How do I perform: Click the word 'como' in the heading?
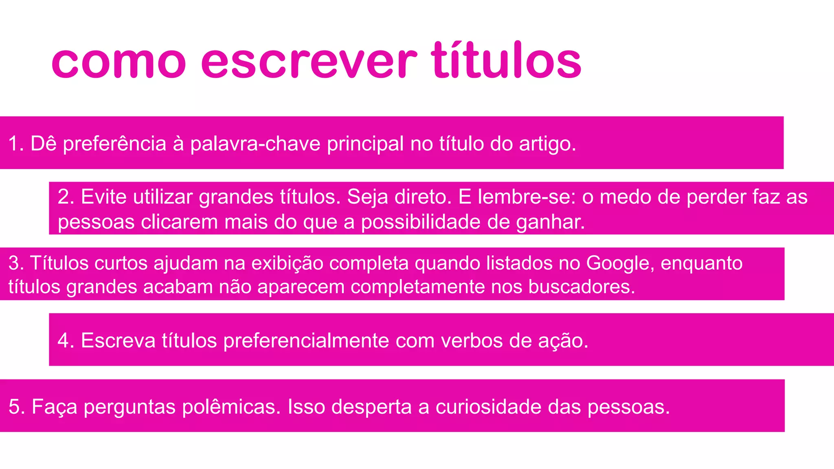(119, 63)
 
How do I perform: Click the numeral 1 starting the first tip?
(13, 144)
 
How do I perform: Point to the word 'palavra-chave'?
(255, 144)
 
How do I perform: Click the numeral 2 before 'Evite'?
(63, 197)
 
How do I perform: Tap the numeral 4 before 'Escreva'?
(63, 340)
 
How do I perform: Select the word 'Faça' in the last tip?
(54, 407)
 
